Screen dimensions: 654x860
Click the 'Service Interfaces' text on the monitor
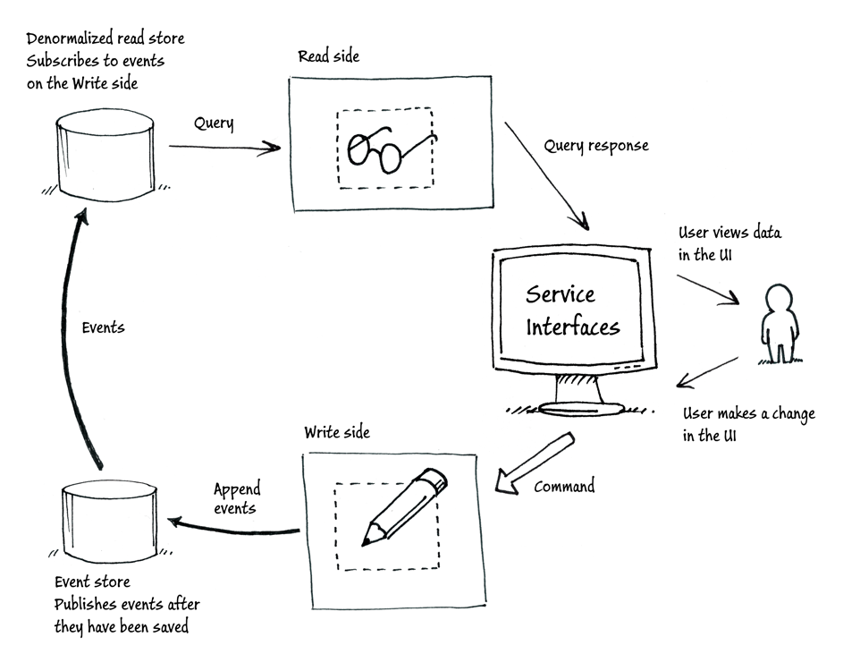tap(572, 310)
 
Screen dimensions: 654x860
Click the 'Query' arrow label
tap(214, 123)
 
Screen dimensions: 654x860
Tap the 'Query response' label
tap(596, 145)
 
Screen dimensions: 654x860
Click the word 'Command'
tap(564, 488)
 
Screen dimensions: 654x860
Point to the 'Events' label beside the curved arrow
tap(103, 327)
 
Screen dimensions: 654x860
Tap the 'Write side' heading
tap(336, 433)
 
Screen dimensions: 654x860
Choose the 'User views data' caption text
tap(729, 233)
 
